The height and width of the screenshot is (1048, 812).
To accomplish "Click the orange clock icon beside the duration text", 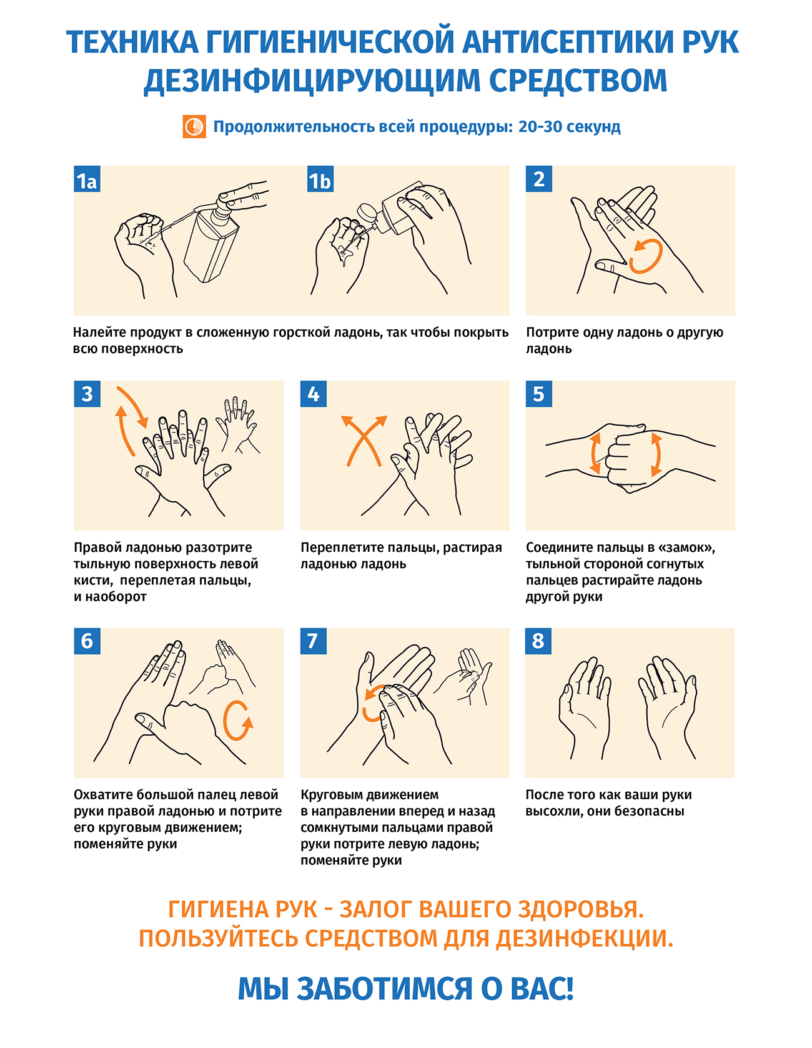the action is point(194,126).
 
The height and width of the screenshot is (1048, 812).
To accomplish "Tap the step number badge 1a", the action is point(87,180).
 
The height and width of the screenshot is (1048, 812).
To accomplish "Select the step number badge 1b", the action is point(320,180).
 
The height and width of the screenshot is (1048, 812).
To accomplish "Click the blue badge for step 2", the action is point(538,179).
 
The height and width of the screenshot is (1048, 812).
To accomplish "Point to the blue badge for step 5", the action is point(538,394).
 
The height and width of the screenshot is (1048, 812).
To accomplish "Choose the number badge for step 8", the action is point(538,641).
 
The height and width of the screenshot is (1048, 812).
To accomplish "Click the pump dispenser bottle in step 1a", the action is point(212,241).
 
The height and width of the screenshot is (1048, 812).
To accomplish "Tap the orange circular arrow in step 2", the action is point(646,256).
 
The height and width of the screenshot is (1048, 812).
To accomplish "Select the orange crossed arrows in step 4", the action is point(364,441).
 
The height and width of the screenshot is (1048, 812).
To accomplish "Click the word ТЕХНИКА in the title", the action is point(132,42).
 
